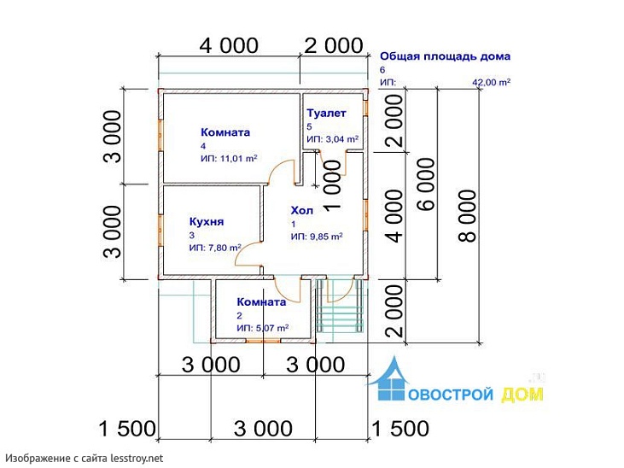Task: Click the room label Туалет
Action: coord(326,114)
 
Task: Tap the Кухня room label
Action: coord(207,222)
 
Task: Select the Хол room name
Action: coord(301,210)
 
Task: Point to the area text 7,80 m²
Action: coord(225,248)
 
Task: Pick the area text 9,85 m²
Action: coord(326,237)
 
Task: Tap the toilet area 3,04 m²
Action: coord(342,139)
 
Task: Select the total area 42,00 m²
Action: coord(491,83)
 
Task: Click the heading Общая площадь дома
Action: coord(445,56)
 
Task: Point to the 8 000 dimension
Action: coord(467,216)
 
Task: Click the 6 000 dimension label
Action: coord(426,184)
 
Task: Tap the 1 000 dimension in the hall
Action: coord(333,184)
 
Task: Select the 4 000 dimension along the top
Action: coord(229,45)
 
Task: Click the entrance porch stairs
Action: coord(341,306)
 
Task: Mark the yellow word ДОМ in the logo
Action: coord(522,395)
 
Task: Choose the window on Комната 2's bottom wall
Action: coord(263,341)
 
